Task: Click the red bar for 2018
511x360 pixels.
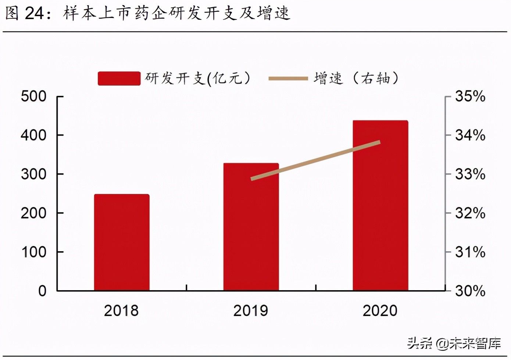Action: coord(122,242)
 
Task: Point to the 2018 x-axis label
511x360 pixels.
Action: coord(121,311)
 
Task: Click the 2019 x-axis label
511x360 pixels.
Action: coord(251,311)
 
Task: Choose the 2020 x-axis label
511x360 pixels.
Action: coord(380,311)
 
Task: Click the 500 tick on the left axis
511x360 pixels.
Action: coord(34,97)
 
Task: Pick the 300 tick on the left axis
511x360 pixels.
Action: coord(34,174)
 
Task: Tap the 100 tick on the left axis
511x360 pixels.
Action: coord(34,252)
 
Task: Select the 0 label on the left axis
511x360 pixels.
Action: coord(42,291)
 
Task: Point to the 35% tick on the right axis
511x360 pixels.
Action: coord(470,97)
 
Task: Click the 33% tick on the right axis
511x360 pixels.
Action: coord(470,174)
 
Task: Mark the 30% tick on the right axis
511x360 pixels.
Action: coord(470,291)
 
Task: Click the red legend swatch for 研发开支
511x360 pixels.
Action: coord(119,78)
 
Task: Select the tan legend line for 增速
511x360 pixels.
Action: coord(288,78)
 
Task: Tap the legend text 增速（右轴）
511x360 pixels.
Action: coord(356,78)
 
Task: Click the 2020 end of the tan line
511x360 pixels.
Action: coord(380,142)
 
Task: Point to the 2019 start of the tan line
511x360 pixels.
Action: coord(252,179)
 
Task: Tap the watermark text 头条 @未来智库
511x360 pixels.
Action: coord(454,343)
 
